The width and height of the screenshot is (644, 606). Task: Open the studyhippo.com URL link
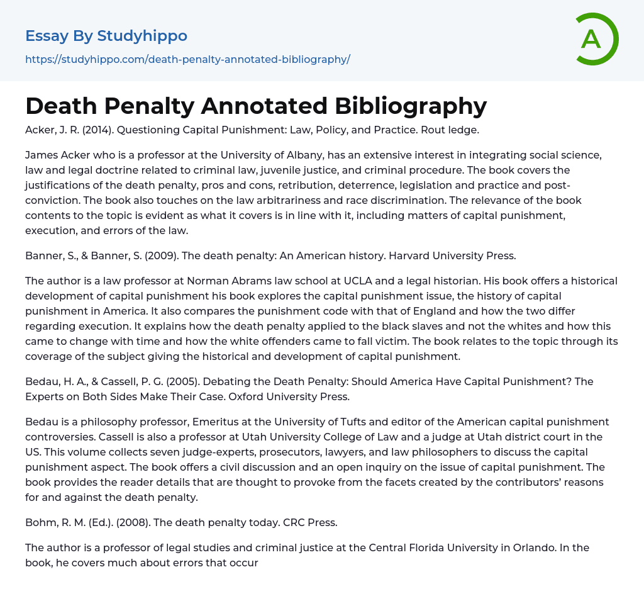coord(187,59)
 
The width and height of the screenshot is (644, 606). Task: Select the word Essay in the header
coord(47,36)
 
